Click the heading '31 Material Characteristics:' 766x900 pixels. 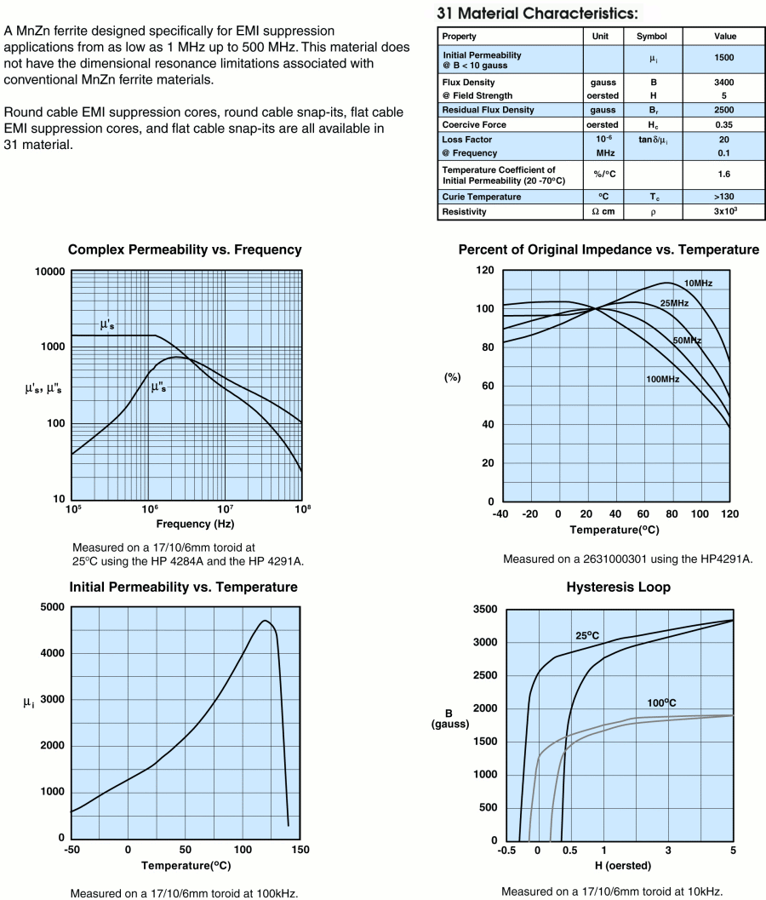pyautogui.click(x=536, y=14)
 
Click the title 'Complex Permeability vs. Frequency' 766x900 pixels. pyautogui.click(x=185, y=250)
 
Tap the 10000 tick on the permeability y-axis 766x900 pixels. pyautogui.click(x=49, y=272)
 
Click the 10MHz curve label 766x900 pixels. pyautogui.click(x=698, y=283)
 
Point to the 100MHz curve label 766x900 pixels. pyautogui.click(x=662, y=379)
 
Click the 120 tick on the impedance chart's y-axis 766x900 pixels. pyautogui.click(x=485, y=270)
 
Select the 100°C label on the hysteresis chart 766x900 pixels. pyautogui.click(x=660, y=702)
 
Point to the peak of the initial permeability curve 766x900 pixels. pyautogui.click(x=266, y=621)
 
